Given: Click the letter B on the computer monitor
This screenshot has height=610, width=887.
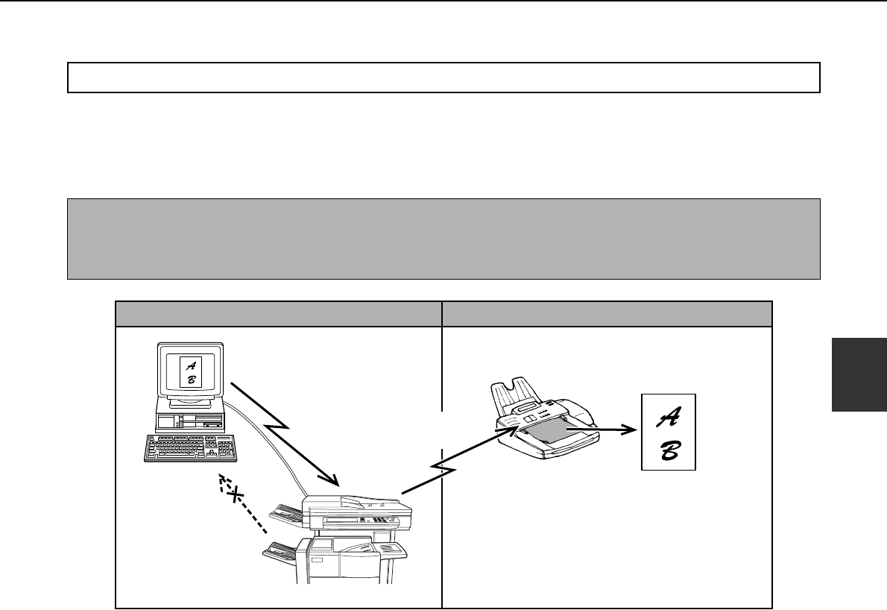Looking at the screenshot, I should [x=191, y=380].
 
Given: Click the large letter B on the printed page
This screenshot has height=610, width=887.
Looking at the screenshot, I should [x=668, y=451].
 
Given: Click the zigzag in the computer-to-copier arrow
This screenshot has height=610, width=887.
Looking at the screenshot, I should [x=277, y=428].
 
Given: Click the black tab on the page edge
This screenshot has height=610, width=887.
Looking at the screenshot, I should [x=859, y=372].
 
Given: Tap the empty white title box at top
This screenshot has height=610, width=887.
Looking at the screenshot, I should [x=443, y=77].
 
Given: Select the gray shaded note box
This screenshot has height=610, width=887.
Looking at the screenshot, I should [x=443, y=239].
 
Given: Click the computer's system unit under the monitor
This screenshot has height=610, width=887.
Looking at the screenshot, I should [x=189, y=418].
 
